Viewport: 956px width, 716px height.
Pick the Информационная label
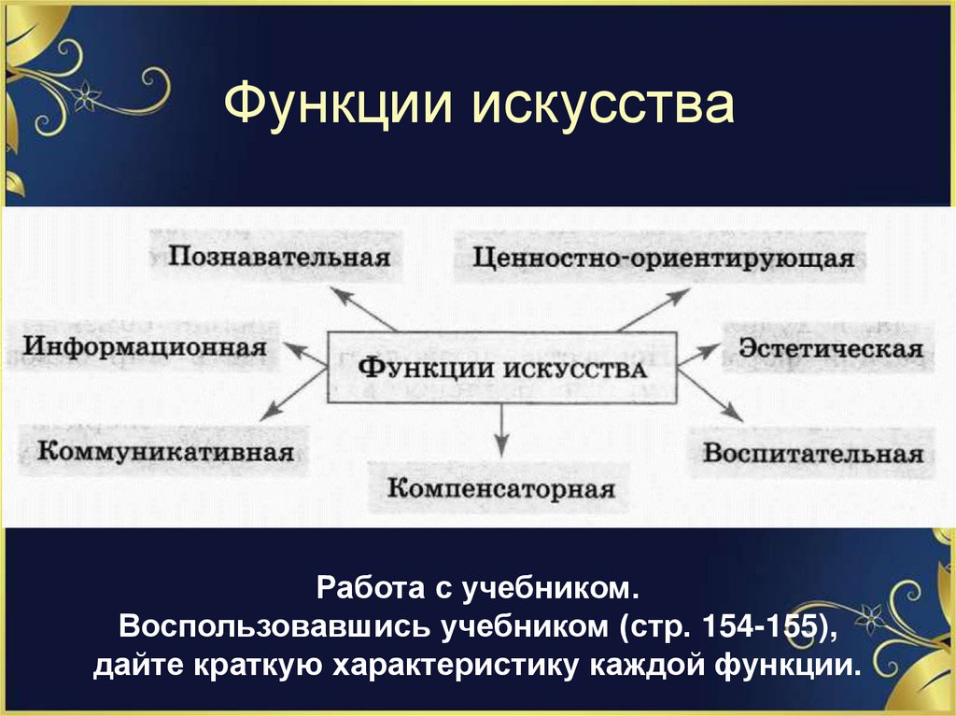click(x=146, y=346)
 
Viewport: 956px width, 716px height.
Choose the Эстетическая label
click(x=831, y=349)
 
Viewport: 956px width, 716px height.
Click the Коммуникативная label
click(x=166, y=452)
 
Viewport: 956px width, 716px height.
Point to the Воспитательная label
click(x=813, y=454)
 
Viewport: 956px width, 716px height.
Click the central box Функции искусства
click(x=502, y=367)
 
